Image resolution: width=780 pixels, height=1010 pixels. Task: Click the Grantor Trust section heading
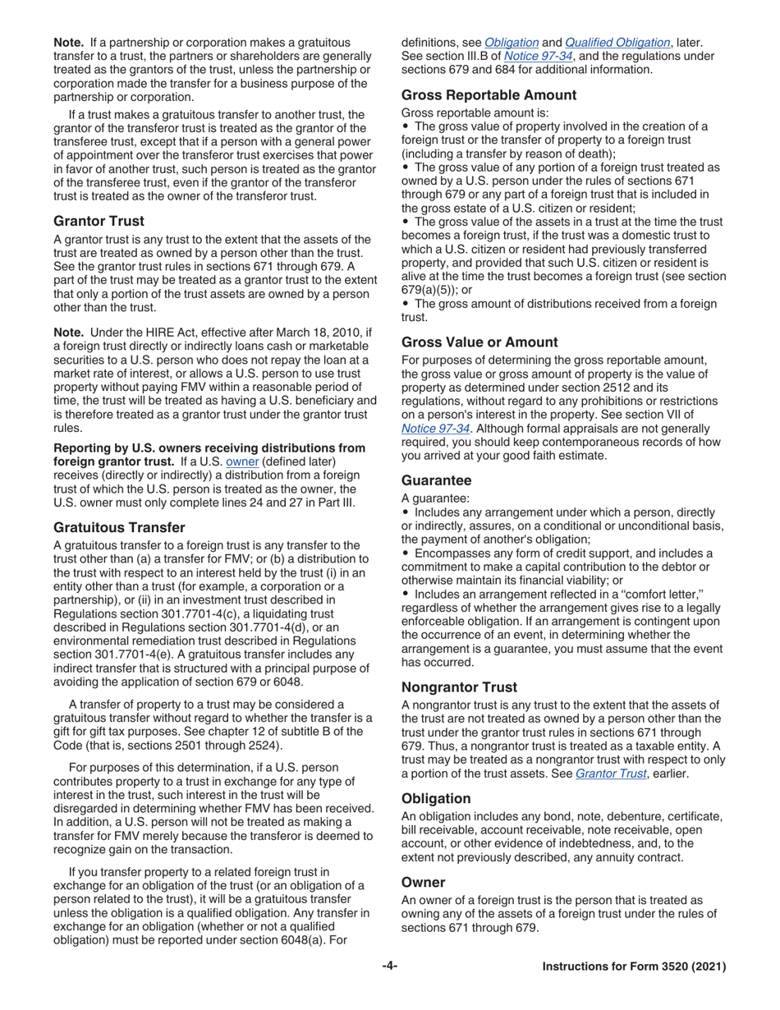tap(99, 221)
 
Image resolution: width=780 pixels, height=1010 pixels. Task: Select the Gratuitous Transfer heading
tap(118, 527)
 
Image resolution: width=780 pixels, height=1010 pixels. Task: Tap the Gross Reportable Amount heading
tap(489, 95)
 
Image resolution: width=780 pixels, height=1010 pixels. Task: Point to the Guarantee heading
tap(436, 480)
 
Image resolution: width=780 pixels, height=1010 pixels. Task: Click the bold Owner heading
tap(423, 882)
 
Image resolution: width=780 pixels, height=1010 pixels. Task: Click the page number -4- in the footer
tap(389, 966)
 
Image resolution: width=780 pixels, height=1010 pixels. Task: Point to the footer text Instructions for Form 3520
tap(634, 967)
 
